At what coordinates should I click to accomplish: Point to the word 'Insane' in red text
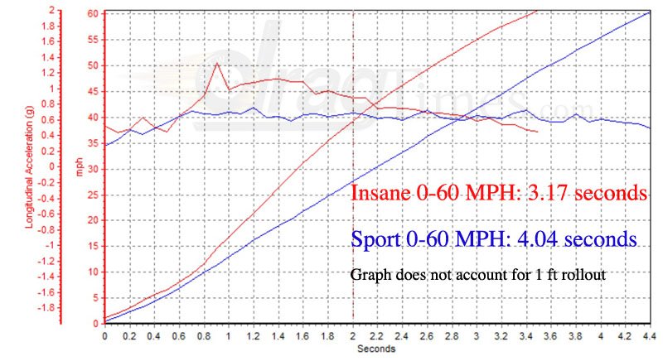coord(382,193)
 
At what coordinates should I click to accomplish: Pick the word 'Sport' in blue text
coord(375,240)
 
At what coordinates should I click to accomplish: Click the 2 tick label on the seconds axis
coord(353,336)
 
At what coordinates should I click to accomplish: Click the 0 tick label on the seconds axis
coord(104,336)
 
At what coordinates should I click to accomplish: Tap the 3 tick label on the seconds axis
coord(477,336)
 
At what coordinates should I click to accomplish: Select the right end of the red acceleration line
coord(539,132)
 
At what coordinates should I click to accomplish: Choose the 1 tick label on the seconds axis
coord(229,336)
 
